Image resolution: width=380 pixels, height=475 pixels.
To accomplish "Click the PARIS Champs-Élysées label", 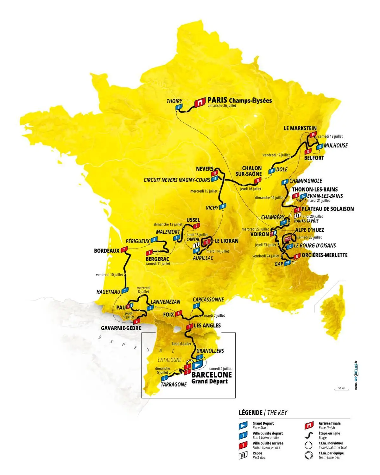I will coord(239,100).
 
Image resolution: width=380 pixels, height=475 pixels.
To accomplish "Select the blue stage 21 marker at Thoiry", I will coord(179,107).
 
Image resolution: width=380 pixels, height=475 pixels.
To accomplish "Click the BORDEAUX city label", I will coord(107,251).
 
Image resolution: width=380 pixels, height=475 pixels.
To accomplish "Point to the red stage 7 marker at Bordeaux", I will coord(124,250).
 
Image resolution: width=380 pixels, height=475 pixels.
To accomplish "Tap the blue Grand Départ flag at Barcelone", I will coord(197,365).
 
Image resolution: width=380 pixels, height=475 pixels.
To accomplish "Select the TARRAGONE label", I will coord(174,384).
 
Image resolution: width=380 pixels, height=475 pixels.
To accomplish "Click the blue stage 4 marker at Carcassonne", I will coord(197,306).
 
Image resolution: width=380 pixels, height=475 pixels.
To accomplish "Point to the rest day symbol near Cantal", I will coord(196,245).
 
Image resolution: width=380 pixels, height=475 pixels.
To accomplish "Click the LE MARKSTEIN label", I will coord(300,128).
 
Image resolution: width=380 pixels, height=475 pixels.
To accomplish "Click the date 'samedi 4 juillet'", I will coord(220,369).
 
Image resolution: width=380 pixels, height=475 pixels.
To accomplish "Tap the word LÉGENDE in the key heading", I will coord(250,413).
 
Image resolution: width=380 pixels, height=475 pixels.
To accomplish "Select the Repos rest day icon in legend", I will coord(243,456).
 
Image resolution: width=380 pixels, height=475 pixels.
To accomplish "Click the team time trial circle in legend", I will coord(308,456).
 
